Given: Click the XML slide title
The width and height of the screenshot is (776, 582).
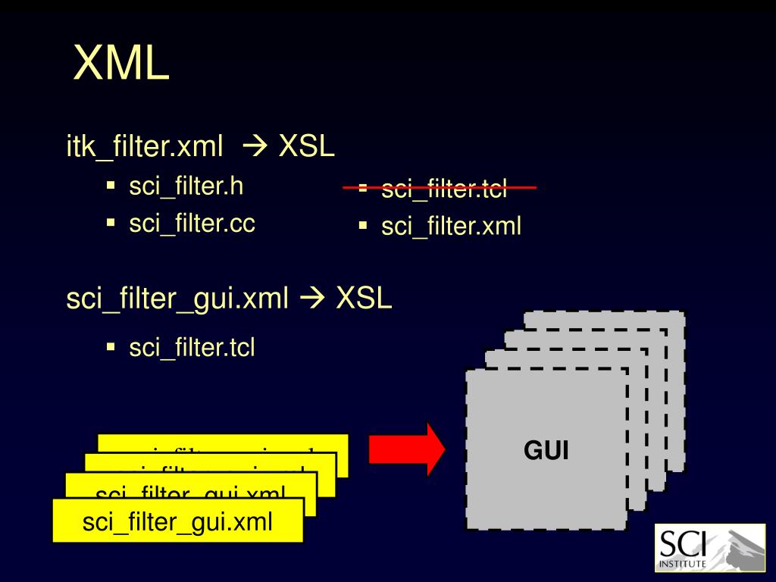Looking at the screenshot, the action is (121, 63).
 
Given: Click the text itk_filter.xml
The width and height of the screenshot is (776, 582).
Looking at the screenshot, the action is (145, 146).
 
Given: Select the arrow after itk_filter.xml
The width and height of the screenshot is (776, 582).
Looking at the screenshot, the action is (252, 146).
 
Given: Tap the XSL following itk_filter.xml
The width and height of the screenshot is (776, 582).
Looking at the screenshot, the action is (306, 146).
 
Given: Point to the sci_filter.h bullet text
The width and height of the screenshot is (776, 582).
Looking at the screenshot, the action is (186, 186).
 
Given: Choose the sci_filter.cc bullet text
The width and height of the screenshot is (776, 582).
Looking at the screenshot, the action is (192, 224).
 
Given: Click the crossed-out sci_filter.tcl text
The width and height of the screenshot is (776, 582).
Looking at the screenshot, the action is (444, 189).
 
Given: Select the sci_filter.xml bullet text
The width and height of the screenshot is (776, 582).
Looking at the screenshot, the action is (451, 227).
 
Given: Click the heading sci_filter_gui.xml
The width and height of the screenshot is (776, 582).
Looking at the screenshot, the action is (177, 299).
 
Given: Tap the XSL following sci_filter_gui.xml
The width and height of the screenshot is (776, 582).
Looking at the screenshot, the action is (364, 299).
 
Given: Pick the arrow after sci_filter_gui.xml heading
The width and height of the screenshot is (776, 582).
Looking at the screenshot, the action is (311, 299).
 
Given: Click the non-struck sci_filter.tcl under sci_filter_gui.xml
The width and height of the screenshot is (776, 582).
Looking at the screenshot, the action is (192, 348).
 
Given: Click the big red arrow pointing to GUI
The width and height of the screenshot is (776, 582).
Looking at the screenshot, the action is (407, 449).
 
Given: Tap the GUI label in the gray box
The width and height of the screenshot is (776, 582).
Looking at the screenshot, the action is (546, 451).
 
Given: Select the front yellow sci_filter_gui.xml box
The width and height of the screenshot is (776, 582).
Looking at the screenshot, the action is (177, 521).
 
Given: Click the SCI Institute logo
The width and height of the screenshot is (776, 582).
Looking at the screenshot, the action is (709, 549).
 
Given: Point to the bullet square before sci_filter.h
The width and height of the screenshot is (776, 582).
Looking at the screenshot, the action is (111, 185).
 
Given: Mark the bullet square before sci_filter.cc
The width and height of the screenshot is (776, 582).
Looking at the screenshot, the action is (111, 223).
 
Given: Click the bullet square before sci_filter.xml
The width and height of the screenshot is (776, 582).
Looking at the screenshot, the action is (363, 225).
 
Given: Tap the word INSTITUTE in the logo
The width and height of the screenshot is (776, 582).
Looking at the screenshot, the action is (683, 564).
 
